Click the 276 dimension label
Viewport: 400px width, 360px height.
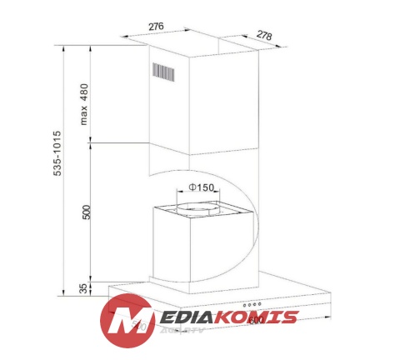click(x=155, y=27)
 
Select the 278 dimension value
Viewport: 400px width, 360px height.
click(x=265, y=35)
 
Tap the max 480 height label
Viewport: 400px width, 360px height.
click(x=84, y=100)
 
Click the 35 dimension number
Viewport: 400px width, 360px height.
click(x=82, y=287)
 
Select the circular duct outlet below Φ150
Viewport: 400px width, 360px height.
click(x=197, y=206)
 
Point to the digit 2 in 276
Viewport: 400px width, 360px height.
click(x=151, y=27)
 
